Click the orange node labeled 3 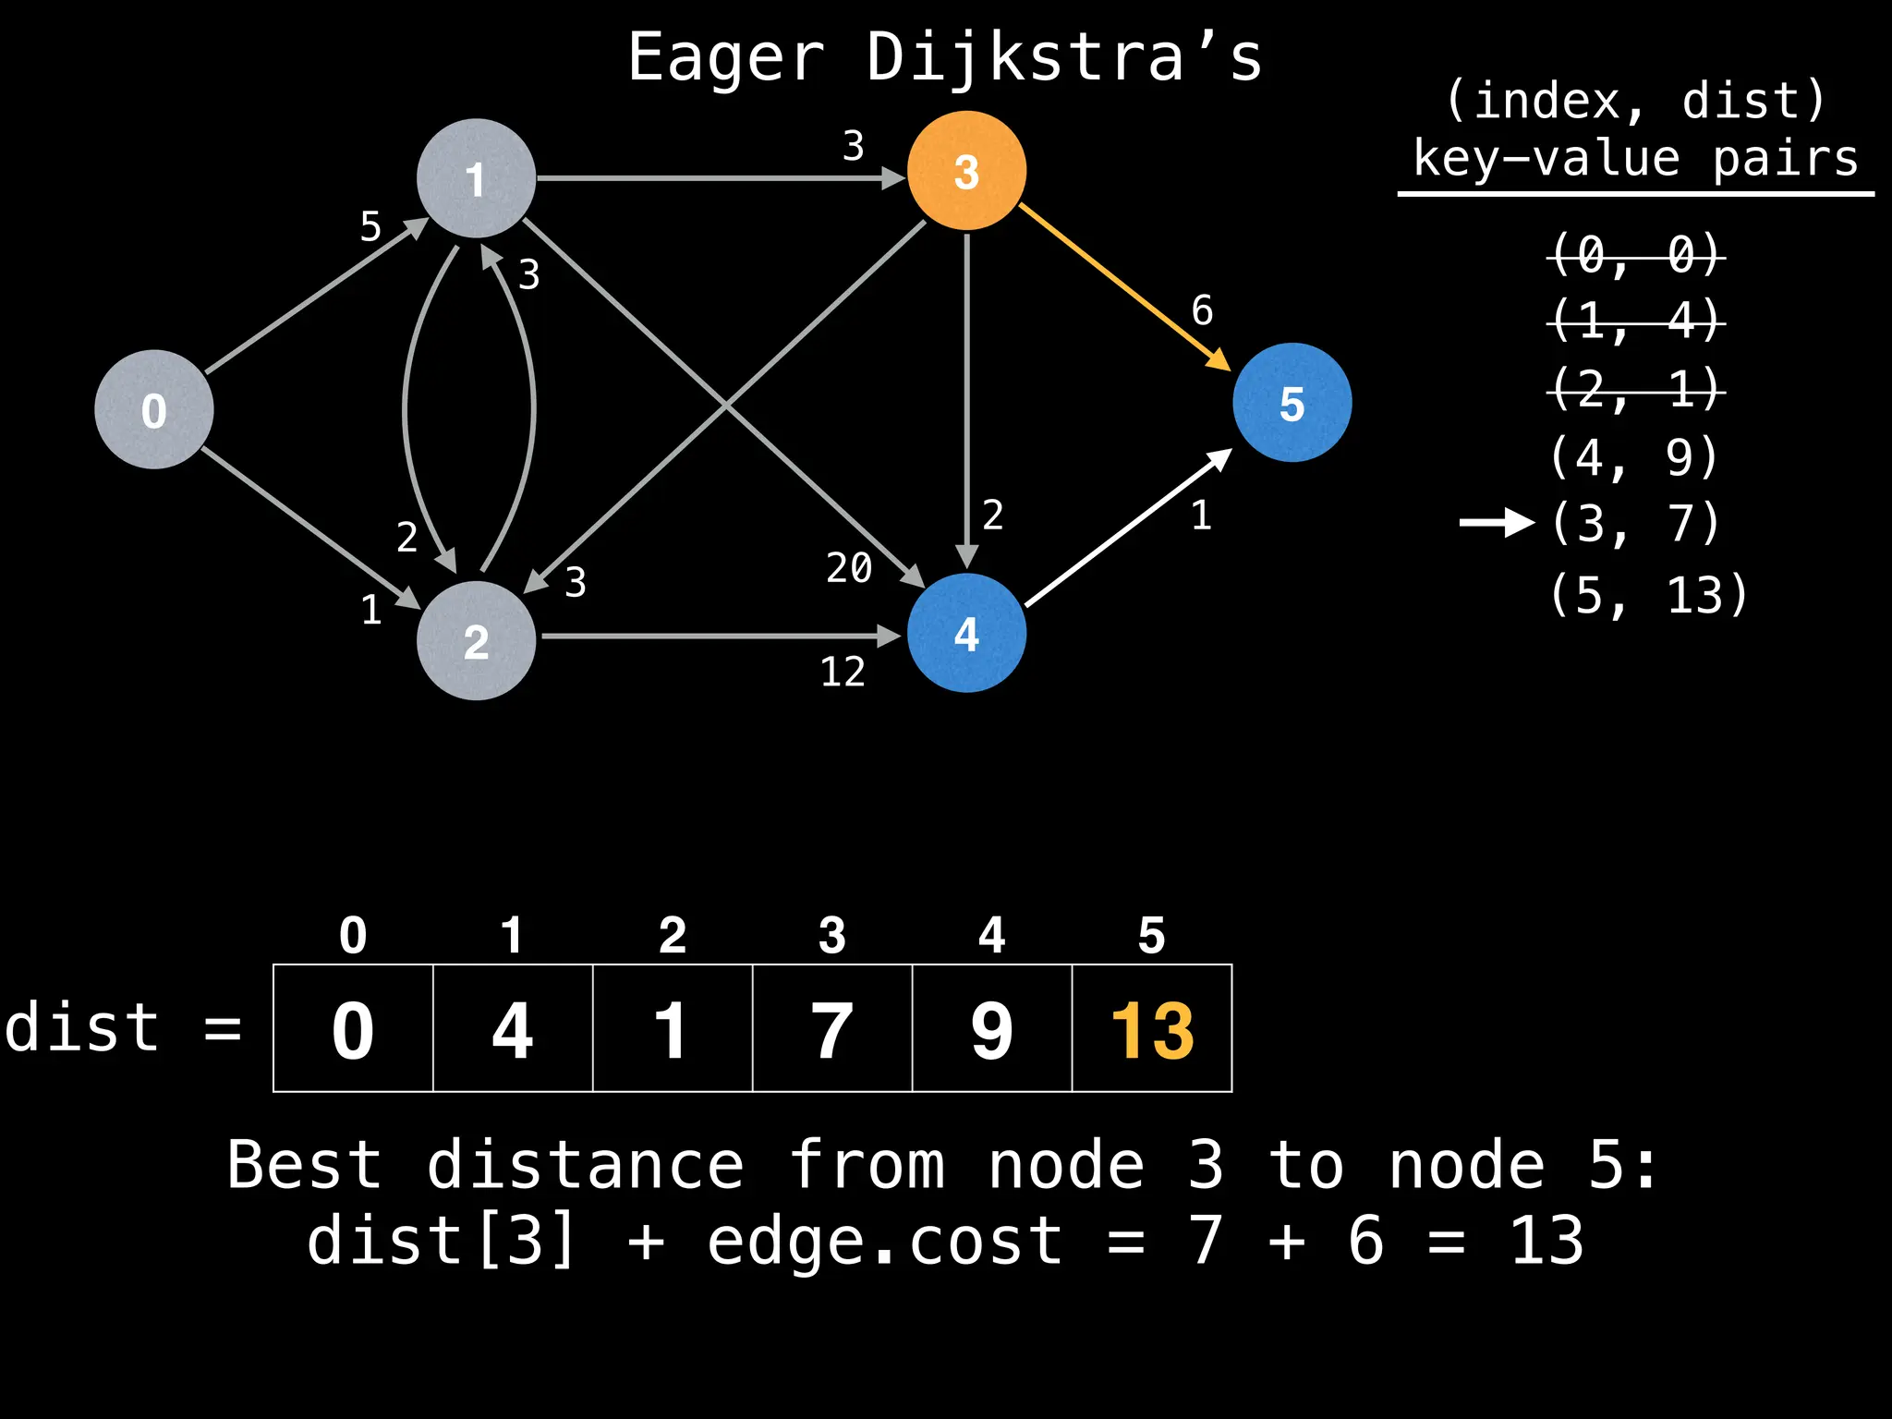966,171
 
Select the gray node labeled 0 154,409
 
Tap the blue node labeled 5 1292,403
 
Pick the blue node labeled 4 966,634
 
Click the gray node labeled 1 476,178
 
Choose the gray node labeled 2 476,640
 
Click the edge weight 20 849,567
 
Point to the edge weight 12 843,672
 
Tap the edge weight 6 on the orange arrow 1202,310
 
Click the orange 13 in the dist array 1152,1030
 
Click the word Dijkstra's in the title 1063,58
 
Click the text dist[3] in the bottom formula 441,1241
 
